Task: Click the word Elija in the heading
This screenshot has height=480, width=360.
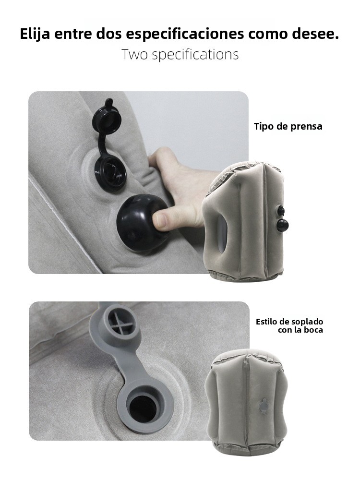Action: pos(35,34)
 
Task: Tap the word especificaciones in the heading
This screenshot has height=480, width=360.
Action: pos(185,34)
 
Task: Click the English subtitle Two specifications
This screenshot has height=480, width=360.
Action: pos(180,54)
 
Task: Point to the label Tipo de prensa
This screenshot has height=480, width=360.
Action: pos(288,126)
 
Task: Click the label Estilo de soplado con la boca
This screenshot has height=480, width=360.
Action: pos(289,326)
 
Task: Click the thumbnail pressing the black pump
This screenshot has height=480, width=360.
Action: pos(161,219)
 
